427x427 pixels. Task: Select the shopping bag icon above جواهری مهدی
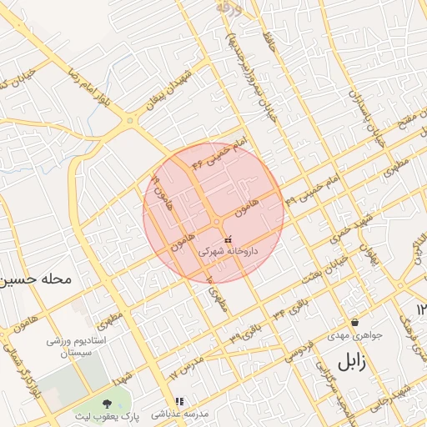355,323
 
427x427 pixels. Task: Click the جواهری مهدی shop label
355,335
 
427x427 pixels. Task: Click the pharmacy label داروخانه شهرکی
229,250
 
